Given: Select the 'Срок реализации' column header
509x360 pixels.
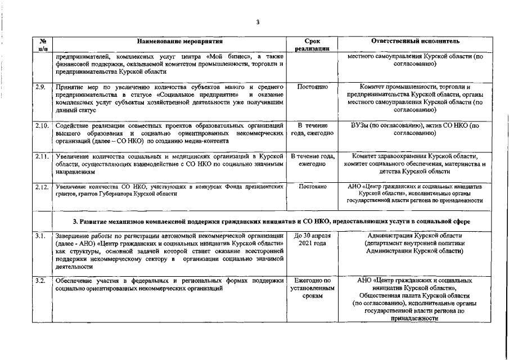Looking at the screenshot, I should point(312,45).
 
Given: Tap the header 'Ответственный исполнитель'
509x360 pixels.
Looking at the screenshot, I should point(416,42).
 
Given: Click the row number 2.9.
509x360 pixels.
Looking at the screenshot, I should point(40,88).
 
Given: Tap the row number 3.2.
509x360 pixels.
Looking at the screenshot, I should point(40,280).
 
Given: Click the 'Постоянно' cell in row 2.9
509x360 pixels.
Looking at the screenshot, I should point(312,88).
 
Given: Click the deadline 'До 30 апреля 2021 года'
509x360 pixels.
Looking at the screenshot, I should point(312,239).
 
